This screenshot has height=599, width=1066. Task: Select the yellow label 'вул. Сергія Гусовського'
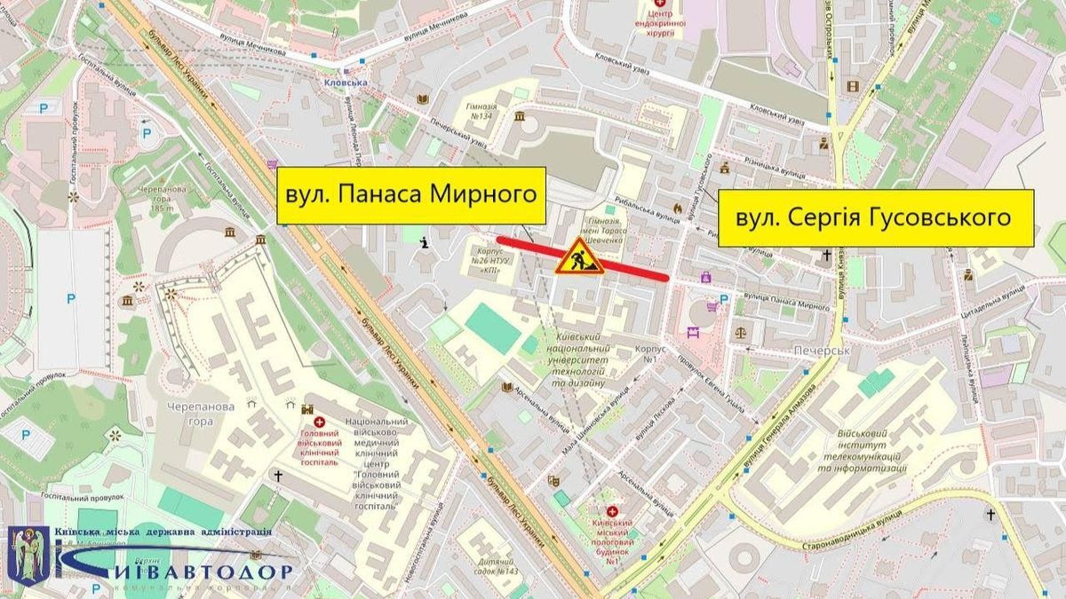tap(875, 217)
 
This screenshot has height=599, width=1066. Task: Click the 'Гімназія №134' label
tap(481, 112)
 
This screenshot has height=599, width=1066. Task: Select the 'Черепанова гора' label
tap(188, 414)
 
